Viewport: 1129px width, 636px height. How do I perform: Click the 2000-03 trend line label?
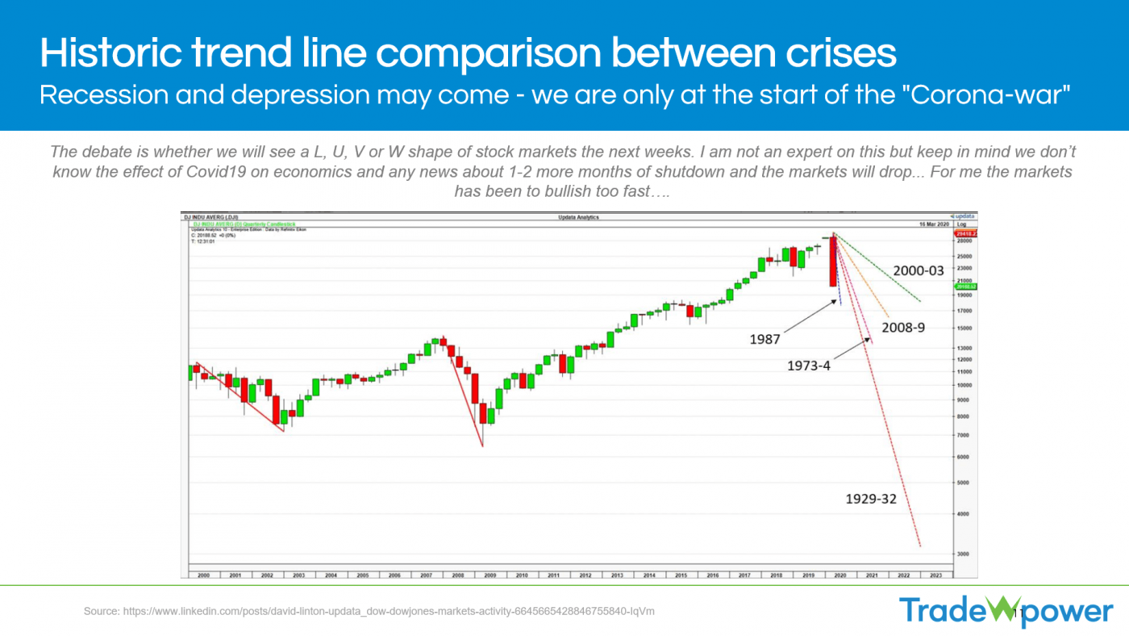pyautogui.click(x=918, y=271)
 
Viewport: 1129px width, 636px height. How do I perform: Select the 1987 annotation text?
pyautogui.click(x=764, y=340)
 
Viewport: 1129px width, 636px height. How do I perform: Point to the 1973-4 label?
pyautogui.click(x=808, y=366)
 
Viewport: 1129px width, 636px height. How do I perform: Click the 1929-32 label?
pyautogui.click(x=870, y=499)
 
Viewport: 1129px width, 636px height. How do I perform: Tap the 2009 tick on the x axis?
pyautogui.click(x=490, y=575)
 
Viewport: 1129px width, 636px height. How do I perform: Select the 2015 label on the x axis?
pyautogui.click(x=681, y=575)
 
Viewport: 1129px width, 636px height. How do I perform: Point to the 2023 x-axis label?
pyautogui.click(x=935, y=575)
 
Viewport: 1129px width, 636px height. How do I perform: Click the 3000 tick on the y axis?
pyautogui.click(x=963, y=554)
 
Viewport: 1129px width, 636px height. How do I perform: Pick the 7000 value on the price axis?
pyautogui.click(x=963, y=435)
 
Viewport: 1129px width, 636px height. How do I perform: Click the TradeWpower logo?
pyautogui.click(x=1006, y=611)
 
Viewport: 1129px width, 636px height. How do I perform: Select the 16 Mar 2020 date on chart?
pyautogui.click(x=931, y=223)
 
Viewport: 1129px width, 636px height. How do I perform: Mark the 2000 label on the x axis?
pyautogui.click(x=203, y=575)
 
